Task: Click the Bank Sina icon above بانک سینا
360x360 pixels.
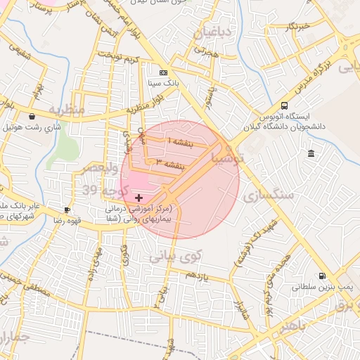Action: click(x=163, y=72)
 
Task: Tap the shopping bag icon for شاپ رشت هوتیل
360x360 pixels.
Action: click(x=32, y=116)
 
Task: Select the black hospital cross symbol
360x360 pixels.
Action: click(x=139, y=198)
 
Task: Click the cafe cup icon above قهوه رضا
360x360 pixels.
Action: click(x=67, y=210)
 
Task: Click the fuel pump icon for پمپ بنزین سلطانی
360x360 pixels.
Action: click(x=322, y=276)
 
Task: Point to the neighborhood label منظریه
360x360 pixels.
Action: click(x=67, y=110)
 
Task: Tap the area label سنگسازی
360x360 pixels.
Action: click(x=269, y=196)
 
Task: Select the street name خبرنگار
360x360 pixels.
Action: click(x=297, y=27)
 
